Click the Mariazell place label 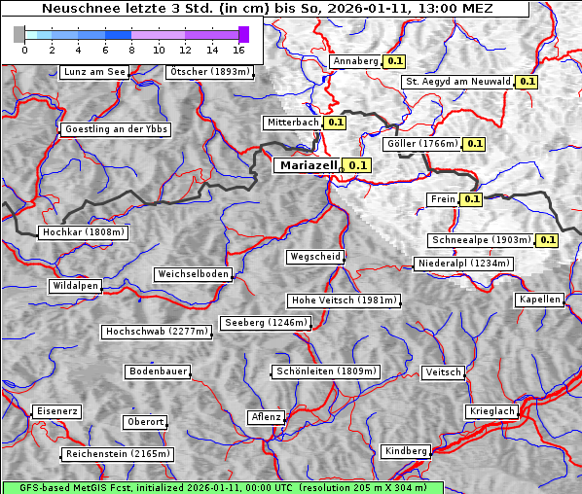[308, 166]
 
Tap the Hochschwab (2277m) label [157, 332]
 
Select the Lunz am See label [93, 72]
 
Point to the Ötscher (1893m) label [209, 72]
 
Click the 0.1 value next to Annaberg [394, 61]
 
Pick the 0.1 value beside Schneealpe [547, 240]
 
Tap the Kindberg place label [406, 451]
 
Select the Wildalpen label [76, 287]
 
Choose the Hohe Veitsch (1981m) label [344, 300]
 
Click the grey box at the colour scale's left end [19, 34]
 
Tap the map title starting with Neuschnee [267, 9]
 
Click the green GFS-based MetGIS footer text [222, 487]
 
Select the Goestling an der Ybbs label [116, 129]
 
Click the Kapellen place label [540, 300]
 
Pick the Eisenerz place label [56, 411]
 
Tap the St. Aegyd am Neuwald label [457, 82]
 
